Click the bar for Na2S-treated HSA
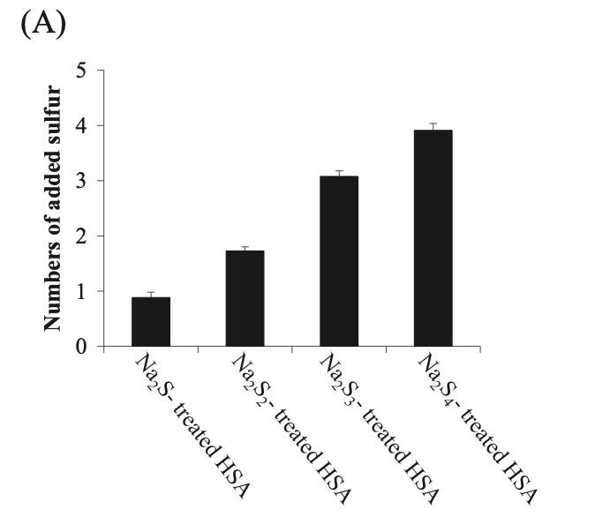150,322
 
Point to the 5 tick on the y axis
81,71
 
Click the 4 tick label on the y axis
81,126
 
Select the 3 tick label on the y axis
81,181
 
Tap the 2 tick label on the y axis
81,236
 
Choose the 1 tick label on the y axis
81,291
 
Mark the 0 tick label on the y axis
81,347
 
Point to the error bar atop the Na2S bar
150,294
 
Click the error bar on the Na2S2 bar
245,248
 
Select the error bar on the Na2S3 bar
339,173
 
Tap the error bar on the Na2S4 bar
433,126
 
